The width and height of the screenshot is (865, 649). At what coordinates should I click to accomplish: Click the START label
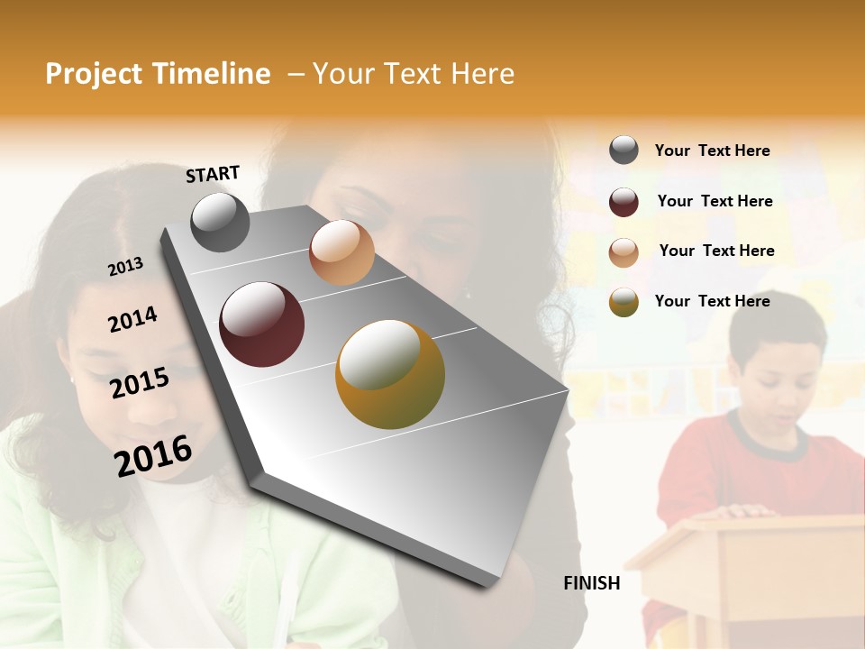click(x=213, y=174)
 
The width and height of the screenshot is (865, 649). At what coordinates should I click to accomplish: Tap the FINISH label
click(x=591, y=583)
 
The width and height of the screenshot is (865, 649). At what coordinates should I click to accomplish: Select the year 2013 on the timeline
click(x=125, y=267)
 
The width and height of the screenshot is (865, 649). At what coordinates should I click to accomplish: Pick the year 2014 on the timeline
click(x=132, y=320)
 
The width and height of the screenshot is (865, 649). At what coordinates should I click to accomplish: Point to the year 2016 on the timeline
click(x=153, y=455)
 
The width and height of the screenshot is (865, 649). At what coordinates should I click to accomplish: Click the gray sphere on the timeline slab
click(x=221, y=222)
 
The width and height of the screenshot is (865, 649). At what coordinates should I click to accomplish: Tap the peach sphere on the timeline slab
click(x=341, y=252)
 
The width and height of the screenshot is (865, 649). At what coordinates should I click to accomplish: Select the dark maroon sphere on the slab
click(x=261, y=324)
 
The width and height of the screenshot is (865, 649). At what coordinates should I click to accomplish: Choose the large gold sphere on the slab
click(x=390, y=373)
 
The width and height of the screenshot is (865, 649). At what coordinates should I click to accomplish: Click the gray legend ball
click(x=624, y=150)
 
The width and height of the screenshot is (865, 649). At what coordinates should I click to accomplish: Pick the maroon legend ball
click(x=624, y=202)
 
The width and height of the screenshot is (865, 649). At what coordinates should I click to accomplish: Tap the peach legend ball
click(x=624, y=252)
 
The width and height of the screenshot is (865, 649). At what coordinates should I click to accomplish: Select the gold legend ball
click(x=624, y=302)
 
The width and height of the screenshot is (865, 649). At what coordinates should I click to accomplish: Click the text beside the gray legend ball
click(x=712, y=151)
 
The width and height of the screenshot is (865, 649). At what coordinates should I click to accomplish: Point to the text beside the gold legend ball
click(x=712, y=301)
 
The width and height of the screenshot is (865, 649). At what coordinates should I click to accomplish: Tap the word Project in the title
click(x=93, y=74)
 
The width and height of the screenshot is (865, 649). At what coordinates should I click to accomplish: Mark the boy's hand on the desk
click(x=743, y=511)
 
